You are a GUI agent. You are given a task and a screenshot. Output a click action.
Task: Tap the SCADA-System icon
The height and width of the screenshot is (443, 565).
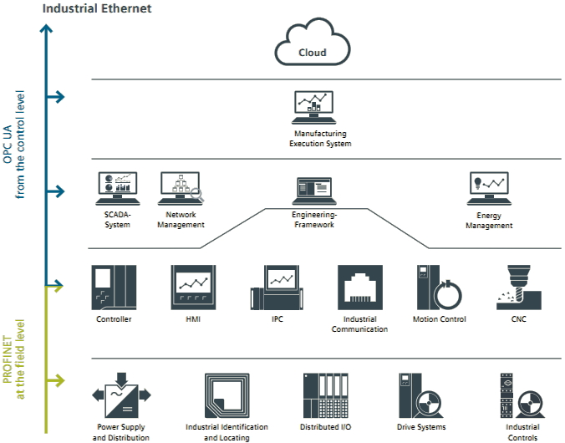(117, 188)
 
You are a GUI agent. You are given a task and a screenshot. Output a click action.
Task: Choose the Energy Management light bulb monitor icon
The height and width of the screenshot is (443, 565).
(489, 189)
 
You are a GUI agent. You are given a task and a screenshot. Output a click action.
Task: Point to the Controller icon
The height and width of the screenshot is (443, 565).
(114, 288)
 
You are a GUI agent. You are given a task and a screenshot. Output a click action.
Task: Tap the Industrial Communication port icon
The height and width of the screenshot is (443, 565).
(360, 288)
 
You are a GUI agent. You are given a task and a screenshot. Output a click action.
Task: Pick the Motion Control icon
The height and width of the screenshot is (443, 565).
(438, 288)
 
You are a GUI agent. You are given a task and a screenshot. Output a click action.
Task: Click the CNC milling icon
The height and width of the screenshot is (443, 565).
(517, 288)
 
